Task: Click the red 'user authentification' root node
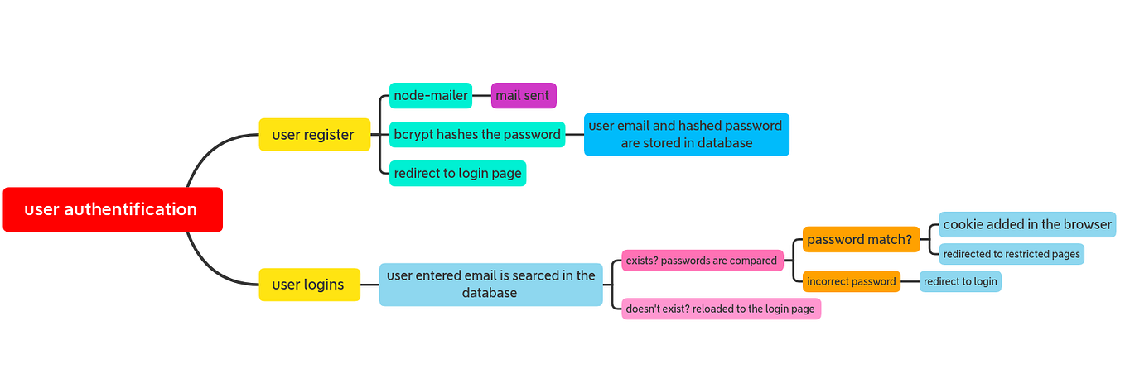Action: pyautogui.click(x=113, y=209)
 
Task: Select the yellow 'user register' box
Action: pyautogui.click(x=314, y=135)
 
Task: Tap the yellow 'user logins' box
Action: pyautogui.click(x=309, y=285)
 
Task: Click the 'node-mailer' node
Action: pyautogui.click(x=431, y=96)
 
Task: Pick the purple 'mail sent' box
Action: pyautogui.click(x=523, y=96)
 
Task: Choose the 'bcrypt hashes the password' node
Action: pyautogui.click(x=477, y=135)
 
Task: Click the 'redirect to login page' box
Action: pyautogui.click(x=457, y=174)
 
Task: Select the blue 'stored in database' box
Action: pyautogui.click(x=686, y=135)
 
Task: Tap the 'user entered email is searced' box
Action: pyautogui.click(x=490, y=285)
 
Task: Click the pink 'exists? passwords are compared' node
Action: pyautogui.click(x=702, y=261)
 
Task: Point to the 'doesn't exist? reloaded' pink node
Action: pyautogui.click(x=721, y=309)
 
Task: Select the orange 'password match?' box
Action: pyautogui.click(x=861, y=240)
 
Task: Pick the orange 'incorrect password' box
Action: pyautogui.click(x=851, y=281)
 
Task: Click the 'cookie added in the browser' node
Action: pyautogui.click(x=1027, y=224)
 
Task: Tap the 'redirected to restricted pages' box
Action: pyautogui.click(x=1012, y=254)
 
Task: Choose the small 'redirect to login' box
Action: pyautogui.click(x=960, y=281)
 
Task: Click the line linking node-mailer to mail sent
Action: pyautogui.click(x=481, y=96)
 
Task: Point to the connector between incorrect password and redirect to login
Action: pyautogui.click(x=910, y=281)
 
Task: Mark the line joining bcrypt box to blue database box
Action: pyautogui.click(x=574, y=135)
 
